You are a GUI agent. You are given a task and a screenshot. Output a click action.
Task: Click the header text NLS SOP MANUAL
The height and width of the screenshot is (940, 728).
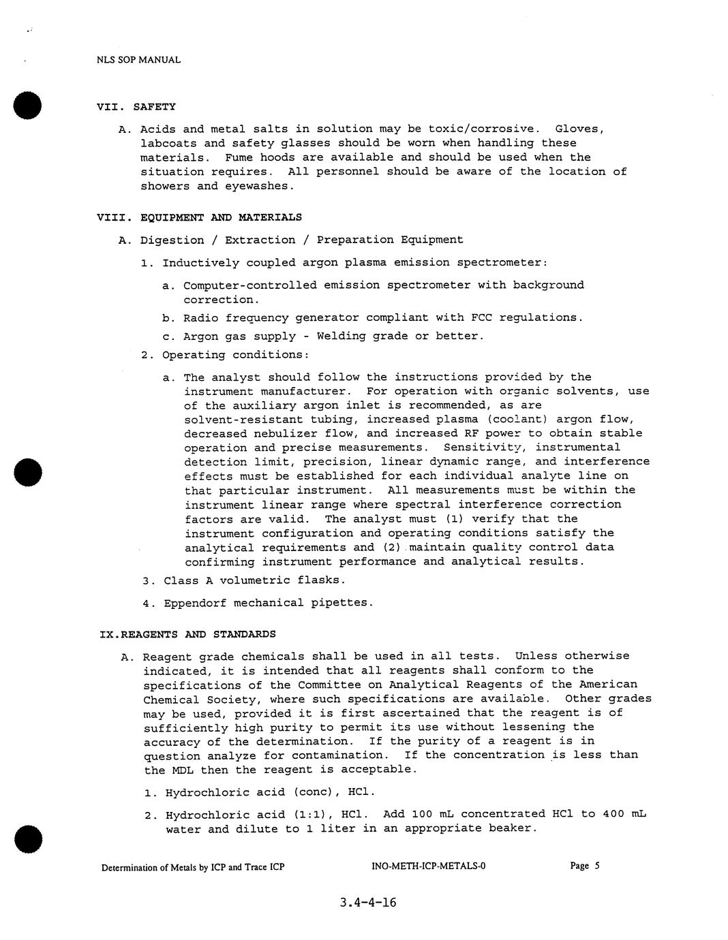pyautogui.click(x=138, y=60)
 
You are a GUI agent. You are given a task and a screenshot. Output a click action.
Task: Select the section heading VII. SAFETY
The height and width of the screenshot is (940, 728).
pyautogui.click(x=136, y=107)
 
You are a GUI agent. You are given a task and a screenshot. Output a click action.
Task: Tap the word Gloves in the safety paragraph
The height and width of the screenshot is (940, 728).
pyautogui.click(x=579, y=129)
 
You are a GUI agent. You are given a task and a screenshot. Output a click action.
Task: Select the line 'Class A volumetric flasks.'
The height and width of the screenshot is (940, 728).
pyautogui.click(x=254, y=580)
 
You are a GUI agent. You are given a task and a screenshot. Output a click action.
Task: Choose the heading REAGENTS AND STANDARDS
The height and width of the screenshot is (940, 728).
pyautogui.click(x=198, y=634)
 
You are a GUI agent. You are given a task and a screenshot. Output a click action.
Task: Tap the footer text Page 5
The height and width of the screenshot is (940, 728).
pyautogui.click(x=585, y=866)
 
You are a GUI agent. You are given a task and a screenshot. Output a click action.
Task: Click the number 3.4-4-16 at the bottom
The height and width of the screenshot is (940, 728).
pyautogui.click(x=367, y=903)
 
